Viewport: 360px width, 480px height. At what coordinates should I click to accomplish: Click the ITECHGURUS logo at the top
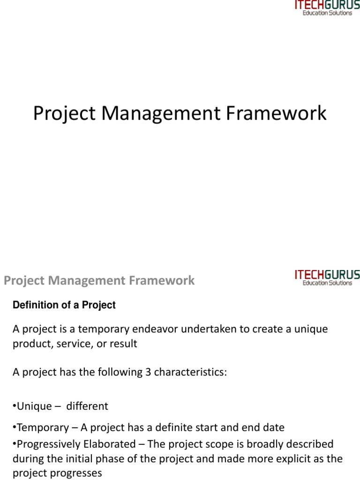[327, 8]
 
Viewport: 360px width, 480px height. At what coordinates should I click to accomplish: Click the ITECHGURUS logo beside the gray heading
[327, 277]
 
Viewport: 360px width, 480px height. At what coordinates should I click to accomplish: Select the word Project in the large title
[64, 114]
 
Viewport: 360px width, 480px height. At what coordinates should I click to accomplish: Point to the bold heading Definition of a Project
[64, 305]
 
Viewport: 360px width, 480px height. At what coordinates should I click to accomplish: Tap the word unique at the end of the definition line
[310, 329]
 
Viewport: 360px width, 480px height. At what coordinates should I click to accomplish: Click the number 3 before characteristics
[149, 372]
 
